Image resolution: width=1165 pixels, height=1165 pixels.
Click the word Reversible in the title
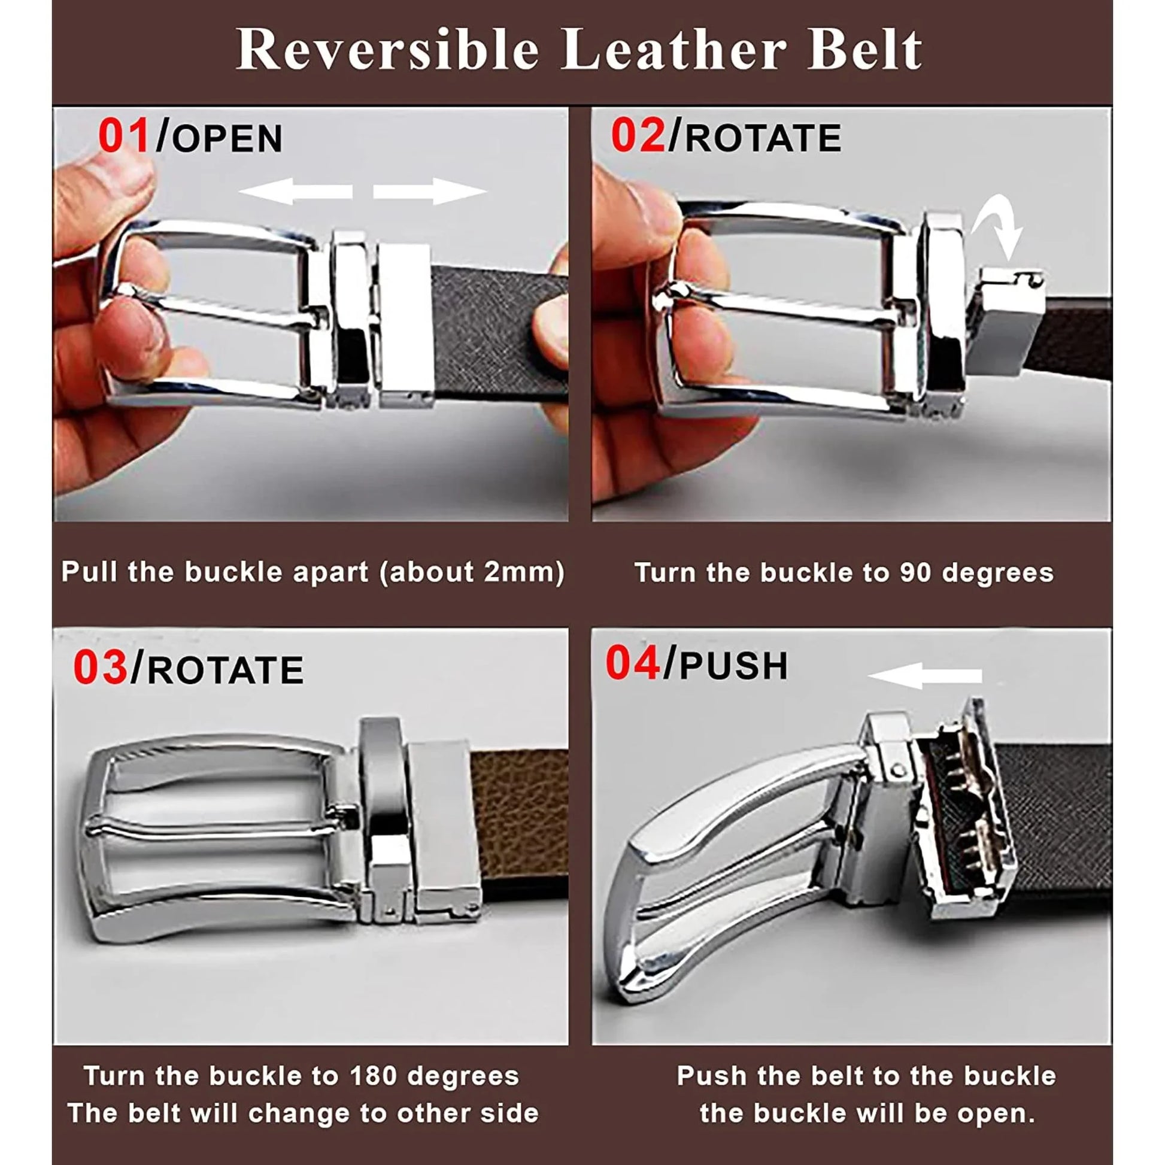tap(387, 50)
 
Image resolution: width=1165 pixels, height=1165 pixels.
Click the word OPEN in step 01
tap(227, 139)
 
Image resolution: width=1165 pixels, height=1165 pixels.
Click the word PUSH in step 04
tap(734, 666)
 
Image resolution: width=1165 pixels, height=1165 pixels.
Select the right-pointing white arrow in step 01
tap(429, 192)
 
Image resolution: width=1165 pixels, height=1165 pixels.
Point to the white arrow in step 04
tap(924, 675)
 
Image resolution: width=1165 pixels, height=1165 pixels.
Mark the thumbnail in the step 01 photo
tap(123, 172)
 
